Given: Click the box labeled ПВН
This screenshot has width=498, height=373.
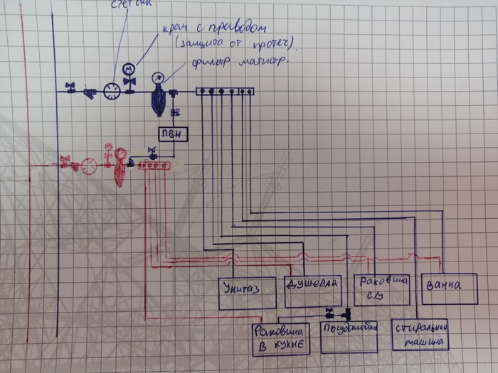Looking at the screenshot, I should [x=171, y=135].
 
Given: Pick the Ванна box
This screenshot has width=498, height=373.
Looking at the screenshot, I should [x=449, y=288].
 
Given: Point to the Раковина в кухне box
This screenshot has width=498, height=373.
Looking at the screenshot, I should [x=280, y=339].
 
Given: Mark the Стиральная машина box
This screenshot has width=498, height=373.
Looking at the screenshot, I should [x=420, y=335].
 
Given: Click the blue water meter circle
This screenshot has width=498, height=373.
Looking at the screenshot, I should [x=112, y=91].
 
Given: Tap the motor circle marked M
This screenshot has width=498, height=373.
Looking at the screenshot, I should [x=129, y=69].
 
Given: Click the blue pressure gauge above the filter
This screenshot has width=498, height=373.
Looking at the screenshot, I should [x=157, y=77].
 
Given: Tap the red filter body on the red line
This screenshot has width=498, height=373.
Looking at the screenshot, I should [x=120, y=173].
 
